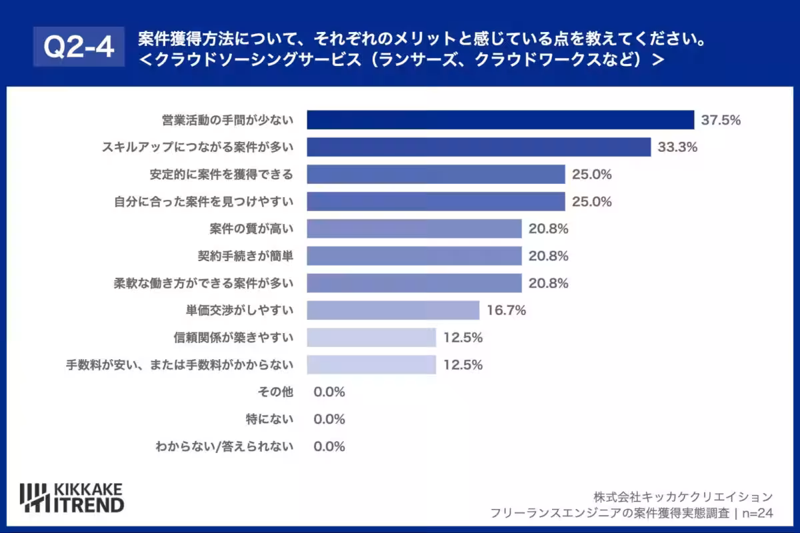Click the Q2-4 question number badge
pos(79,47)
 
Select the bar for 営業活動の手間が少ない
pos(501,120)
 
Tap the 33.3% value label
pos(677,147)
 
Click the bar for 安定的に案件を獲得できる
pos(436,174)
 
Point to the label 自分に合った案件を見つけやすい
pos(203,202)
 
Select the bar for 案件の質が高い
pos(414,229)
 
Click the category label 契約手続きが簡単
pos(245,256)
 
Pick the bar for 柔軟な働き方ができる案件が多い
pos(414,283)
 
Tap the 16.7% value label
pos(507,310)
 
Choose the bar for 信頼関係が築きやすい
pos(371,337)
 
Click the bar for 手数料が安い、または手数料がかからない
pos(371,364)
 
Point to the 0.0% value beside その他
pos(329,392)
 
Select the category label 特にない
pos(269,419)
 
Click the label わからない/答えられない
pos(225,446)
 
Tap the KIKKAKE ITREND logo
pos(72,498)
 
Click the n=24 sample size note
pos(757,513)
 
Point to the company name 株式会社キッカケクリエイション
pos(683,496)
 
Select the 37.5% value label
pos(721,120)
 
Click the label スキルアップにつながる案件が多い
pos(198,147)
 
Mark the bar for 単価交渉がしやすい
pos(393,310)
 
